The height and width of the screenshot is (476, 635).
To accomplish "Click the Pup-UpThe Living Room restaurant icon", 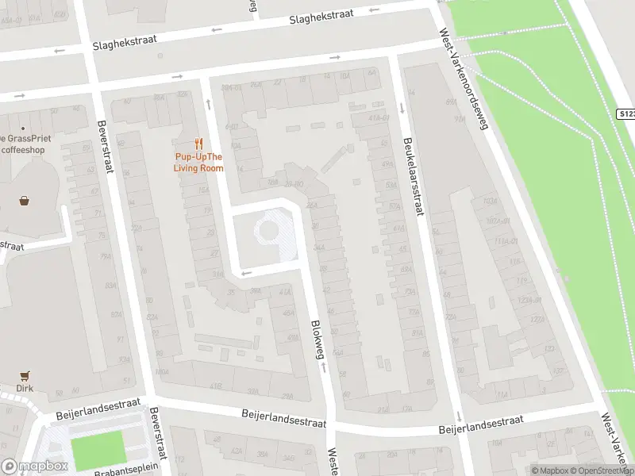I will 199,144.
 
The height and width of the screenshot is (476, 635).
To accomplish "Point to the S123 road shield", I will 625,114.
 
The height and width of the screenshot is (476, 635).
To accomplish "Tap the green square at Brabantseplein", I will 98,448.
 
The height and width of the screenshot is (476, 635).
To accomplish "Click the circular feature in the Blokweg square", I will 267,231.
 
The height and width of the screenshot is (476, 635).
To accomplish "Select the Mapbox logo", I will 35,466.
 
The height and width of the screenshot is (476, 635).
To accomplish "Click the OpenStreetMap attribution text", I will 600,470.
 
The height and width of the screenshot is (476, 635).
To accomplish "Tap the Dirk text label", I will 25,390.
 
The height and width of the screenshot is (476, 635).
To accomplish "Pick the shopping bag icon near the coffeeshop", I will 25,201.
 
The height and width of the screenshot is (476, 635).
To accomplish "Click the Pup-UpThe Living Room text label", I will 199,163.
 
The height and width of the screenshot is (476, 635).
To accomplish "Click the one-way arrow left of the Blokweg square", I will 246,273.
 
